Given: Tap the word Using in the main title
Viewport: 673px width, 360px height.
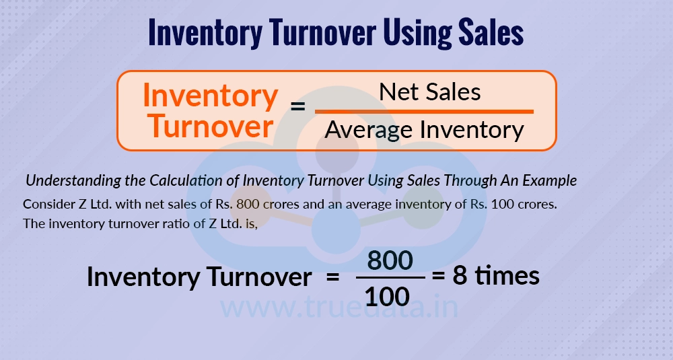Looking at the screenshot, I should point(392,33).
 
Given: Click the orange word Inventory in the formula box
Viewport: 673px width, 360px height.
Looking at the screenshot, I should point(211,97).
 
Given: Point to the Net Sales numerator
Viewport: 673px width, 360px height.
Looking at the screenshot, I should point(430,92).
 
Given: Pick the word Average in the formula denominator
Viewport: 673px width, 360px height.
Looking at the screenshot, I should point(369,129).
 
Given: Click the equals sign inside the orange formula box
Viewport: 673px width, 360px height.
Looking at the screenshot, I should point(297,107).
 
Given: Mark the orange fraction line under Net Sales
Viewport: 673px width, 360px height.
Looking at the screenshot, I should point(424,111).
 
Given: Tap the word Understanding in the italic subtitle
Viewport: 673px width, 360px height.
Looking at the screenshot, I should point(68,181).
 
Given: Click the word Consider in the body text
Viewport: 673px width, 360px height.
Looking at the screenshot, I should point(45,204).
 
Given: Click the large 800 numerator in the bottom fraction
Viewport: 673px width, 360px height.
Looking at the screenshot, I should point(390,260).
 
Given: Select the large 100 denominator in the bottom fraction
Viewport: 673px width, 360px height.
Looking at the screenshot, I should point(390,294).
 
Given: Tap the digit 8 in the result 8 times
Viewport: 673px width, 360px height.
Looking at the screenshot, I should point(460,276).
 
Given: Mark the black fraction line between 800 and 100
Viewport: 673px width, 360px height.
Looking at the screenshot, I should point(390,277).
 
